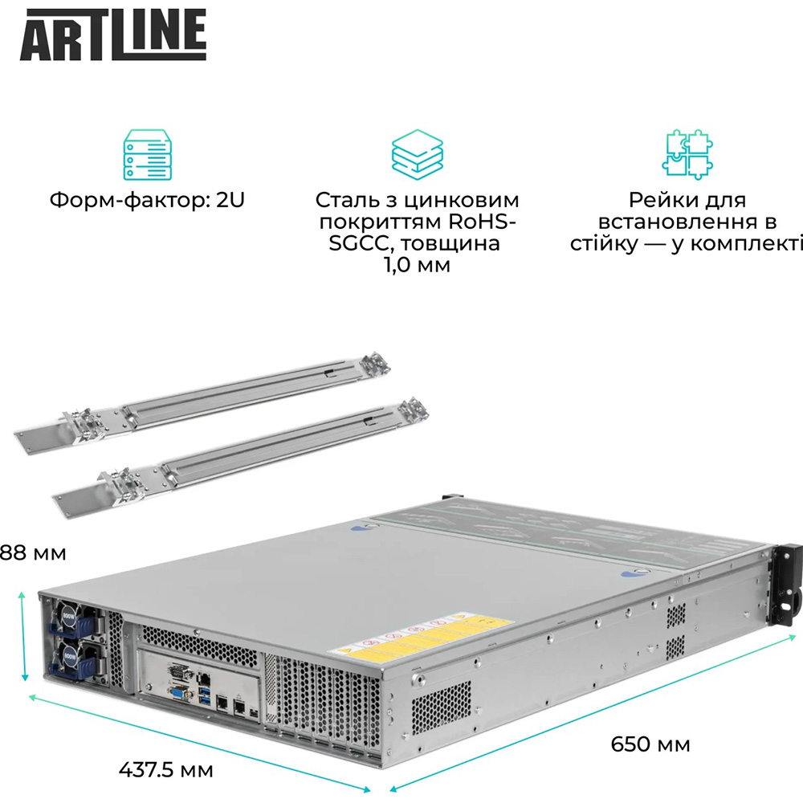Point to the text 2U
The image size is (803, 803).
[x=230, y=199]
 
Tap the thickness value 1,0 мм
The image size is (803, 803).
[x=417, y=264]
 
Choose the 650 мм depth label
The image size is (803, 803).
[x=650, y=744]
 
